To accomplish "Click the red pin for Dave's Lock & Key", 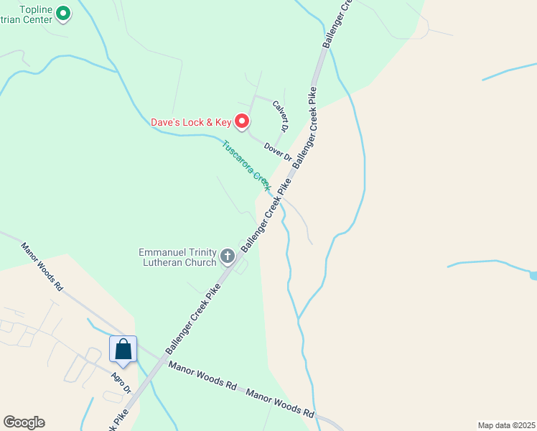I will pos(243,122).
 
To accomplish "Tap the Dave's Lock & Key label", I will pos(192,122).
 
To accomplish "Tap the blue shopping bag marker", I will pos(123,349).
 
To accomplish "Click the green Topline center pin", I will pos(62,12).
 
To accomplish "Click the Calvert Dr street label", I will pos(280,115).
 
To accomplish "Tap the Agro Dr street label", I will pos(121,383).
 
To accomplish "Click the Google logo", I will pos(24,422).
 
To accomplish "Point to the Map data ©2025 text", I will pos(506,425).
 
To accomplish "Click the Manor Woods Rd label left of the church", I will pos(41,266).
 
